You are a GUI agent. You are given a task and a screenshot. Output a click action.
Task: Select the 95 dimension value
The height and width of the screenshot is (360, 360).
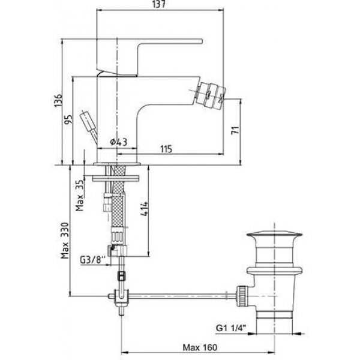click(x=68, y=119)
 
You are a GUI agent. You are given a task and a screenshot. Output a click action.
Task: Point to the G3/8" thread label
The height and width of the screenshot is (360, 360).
click(x=92, y=260)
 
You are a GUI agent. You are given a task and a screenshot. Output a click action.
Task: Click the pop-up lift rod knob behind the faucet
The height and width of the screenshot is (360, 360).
click(x=88, y=122)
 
